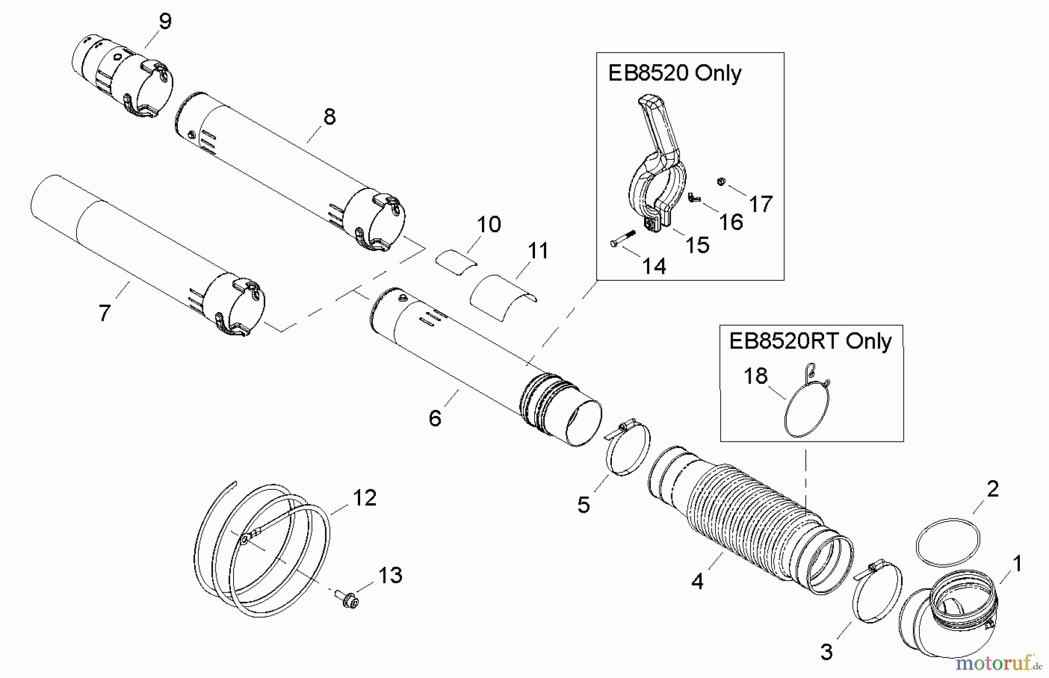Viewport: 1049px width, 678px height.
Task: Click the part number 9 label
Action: (165, 22)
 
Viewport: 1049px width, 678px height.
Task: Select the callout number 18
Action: (756, 376)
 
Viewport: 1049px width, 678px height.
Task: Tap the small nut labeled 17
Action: (721, 182)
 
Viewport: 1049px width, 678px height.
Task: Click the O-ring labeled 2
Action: (948, 542)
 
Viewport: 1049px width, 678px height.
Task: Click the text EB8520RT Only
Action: (810, 341)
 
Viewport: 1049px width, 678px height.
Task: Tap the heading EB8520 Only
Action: (674, 73)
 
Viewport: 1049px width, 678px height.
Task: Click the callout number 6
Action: (435, 418)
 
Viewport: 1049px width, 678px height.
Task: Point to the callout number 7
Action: (104, 313)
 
